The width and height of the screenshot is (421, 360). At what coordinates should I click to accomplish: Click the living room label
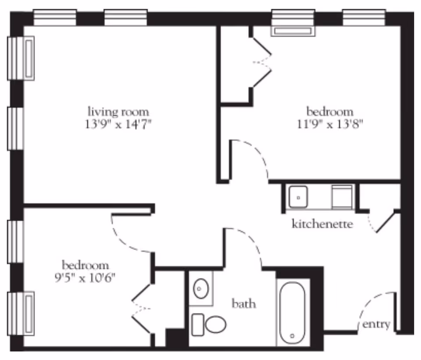[118, 112]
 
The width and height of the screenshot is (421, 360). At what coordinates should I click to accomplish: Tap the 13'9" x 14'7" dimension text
[118, 124]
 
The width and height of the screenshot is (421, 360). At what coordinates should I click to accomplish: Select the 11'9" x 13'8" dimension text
[330, 124]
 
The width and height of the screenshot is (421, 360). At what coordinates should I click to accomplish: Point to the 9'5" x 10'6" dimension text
[85, 277]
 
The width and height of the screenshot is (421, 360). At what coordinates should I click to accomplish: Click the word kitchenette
[322, 224]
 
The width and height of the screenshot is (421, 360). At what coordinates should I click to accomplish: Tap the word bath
[244, 304]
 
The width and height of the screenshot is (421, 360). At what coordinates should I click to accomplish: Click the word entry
[376, 324]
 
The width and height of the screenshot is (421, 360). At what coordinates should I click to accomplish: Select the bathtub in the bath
[293, 313]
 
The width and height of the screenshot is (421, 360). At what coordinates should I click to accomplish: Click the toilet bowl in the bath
[216, 324]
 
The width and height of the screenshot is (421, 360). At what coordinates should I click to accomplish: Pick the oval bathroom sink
[201, 289]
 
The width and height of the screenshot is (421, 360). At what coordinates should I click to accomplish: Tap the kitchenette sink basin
[298, 197]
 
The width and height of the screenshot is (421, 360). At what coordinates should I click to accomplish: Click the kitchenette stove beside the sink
[342, 197]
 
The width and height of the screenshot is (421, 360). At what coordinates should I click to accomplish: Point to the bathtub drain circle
[293, 336]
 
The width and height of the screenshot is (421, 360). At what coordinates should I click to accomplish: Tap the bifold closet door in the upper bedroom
[262, 63]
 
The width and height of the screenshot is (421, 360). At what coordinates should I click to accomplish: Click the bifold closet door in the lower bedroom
[141, 309]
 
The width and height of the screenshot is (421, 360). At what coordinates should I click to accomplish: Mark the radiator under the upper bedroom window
[293, 31]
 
